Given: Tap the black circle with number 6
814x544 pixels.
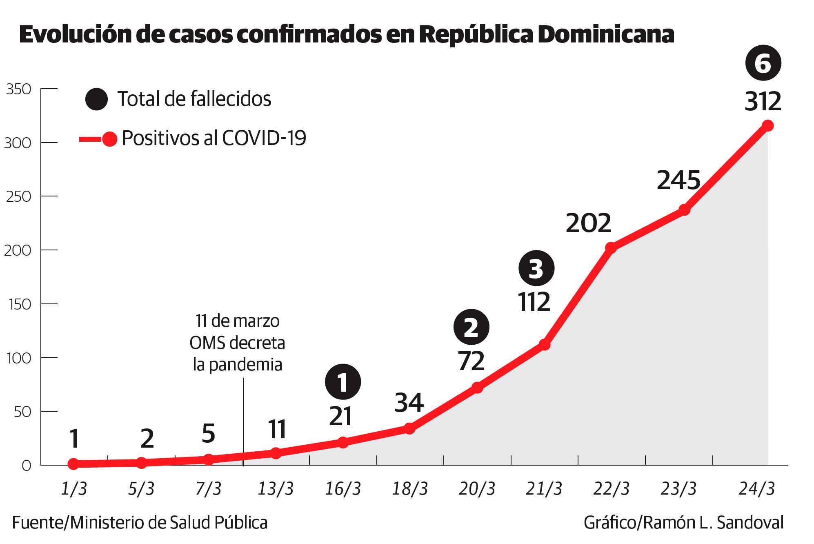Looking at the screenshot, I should (x=763, y=64).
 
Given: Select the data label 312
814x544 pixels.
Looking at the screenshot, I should (x=763, y=102).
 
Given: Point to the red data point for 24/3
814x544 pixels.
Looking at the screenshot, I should (x=767, y=126).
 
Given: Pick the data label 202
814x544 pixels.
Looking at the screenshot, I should (x=588, y=223).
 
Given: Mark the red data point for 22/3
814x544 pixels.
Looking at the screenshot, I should (x=611, y=247).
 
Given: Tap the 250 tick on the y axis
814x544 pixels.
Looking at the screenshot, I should (x=18, y=196).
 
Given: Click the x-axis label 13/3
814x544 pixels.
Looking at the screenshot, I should (x=276, y=489).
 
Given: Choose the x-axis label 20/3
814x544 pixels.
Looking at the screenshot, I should (x=477, y=489).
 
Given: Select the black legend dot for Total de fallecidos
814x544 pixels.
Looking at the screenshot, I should (x=97, y=99).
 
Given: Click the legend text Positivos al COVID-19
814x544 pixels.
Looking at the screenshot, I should (x=214, y=139).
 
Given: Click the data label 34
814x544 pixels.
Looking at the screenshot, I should (x=409, y=403).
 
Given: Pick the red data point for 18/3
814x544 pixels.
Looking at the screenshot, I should (x=409, y=428).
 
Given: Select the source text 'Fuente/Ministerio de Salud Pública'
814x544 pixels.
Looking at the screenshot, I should (x=140, y=523).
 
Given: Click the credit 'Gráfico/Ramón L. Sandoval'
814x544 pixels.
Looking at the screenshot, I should (x=683, y=523).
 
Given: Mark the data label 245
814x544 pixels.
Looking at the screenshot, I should (x=678, y=181).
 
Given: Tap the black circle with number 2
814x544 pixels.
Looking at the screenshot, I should (x=471, y=328).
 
